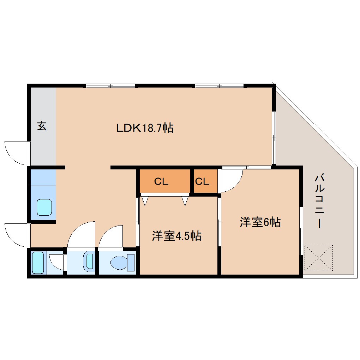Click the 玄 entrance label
tap(42, 126)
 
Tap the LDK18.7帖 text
tap(145, 128)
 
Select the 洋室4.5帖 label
tap(176, 236)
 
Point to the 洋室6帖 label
tap(260, 222)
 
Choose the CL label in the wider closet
tap(161, 182)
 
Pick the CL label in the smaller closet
tap(202, 182)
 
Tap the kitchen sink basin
tap(45, 207)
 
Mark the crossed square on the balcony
tap(318, 258)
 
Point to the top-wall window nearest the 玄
tap(110, 86)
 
